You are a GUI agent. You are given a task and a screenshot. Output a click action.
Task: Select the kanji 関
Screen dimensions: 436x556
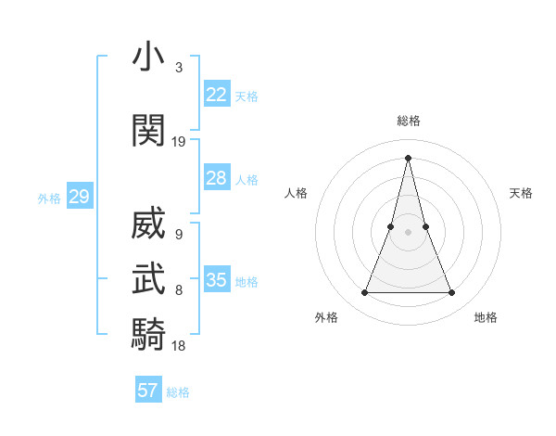coord(148,131)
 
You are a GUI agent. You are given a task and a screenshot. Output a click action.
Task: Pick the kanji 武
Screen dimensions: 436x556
coord(148,278)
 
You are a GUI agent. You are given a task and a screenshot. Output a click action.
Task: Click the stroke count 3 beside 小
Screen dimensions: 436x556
coord(178,68)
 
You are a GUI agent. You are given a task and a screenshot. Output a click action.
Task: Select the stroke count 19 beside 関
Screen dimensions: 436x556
coord(179,142)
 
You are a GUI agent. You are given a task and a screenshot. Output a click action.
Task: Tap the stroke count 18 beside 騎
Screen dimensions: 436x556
coord(179,345)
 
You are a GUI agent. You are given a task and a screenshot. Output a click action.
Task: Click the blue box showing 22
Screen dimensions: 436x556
coord(217,95)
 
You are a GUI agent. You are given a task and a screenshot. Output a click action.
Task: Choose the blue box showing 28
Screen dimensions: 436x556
coord(217,178)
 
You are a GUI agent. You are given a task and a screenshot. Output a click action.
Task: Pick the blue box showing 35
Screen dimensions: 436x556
coord(217,280)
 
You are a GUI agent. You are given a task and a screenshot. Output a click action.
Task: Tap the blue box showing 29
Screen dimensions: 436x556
coord(79,197)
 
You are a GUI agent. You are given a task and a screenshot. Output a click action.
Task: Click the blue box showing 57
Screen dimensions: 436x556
coord(148,391)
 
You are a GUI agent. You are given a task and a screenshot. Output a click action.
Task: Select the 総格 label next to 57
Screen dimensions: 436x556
coord(178,392)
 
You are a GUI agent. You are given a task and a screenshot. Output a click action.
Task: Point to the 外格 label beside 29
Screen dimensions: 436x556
coord(49,198)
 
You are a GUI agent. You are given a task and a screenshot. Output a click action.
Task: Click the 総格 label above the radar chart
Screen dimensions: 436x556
coord(408,121)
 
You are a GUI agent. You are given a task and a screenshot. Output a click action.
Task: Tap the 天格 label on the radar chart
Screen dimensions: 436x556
coord(521,193)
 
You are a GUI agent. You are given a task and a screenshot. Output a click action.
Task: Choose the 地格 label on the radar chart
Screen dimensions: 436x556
coord(486,317)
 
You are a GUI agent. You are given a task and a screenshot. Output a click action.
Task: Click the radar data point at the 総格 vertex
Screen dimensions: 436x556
coord(408,157)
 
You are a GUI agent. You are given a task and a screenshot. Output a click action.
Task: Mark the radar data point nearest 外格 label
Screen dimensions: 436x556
coord(364,293)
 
